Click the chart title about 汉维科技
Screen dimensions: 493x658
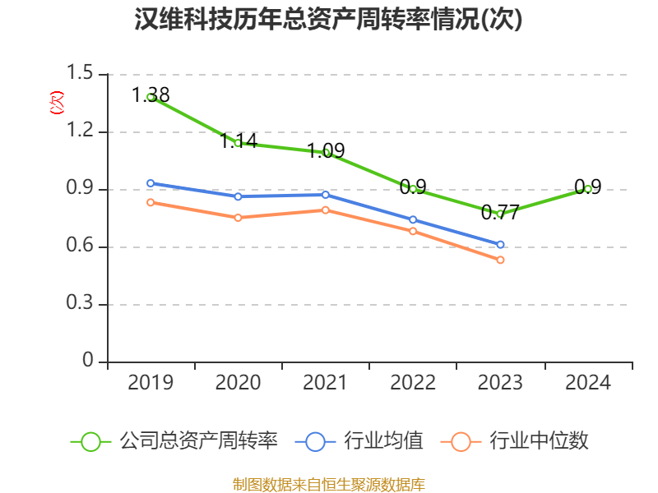pos(329,20)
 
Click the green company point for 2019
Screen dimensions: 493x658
pos(151,97)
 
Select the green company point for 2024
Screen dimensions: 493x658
pos(588,189)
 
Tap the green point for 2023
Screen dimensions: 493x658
pos(500,214)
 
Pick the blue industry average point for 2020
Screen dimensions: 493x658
pos(238,196)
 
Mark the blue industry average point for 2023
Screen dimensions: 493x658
pos(500,244)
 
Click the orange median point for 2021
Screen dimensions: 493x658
pos(326,210)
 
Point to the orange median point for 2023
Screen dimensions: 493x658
pos(500,260)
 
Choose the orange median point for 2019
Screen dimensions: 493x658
pos(151,202)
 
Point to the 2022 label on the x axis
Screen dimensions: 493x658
pos(413,383)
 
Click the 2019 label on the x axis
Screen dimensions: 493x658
pos(151,383)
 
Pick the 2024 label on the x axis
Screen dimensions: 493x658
pos(588,383)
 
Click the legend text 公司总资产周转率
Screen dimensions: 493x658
pos(199,441)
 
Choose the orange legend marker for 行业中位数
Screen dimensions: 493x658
pos(461,441)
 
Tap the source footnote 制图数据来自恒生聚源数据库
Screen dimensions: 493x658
pos(329,484)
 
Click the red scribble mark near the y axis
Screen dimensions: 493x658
pos(57,103)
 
